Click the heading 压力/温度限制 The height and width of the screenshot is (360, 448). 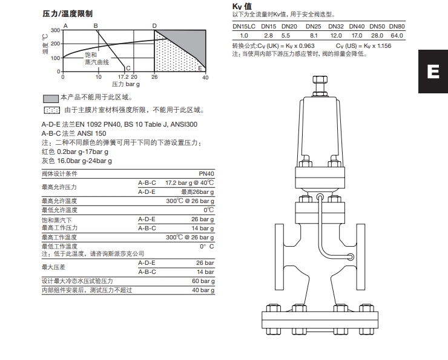[x=67, y=13]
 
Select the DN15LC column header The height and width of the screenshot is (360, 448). [x=244, y=27]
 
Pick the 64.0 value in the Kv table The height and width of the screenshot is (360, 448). [x=397, y=36]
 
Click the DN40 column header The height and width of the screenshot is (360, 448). [x=357, y=27]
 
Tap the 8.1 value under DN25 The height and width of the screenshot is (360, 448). [x=314, y=36]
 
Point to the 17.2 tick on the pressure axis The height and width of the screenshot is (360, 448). [x=122, y=77]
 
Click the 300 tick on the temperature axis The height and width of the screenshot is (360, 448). [x=56, y=30]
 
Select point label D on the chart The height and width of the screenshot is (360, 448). [x=154, y=25]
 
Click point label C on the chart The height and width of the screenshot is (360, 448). [x=128, y=68]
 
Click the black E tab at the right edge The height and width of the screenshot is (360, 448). [x=432, y=71]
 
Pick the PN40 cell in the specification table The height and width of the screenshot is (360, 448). [x=206, y=173]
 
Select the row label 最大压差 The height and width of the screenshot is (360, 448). [x=54, y=267]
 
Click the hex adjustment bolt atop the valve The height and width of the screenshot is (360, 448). [x=320, y=80]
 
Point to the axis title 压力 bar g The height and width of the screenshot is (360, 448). [x=125, y=84]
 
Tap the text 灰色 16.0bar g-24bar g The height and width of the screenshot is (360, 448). [x=76, y=161]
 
